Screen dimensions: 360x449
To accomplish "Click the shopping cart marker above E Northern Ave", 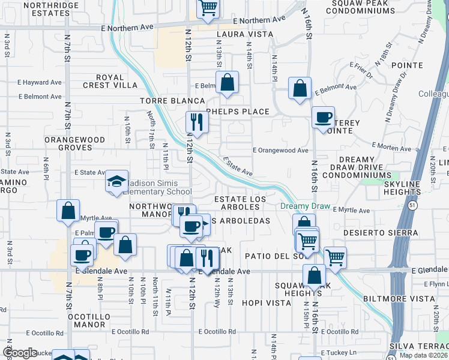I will tap(207, 8).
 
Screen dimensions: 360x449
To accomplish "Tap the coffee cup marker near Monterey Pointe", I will tap(324, 117).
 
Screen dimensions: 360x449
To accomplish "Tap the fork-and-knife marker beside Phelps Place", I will tap(197, 122).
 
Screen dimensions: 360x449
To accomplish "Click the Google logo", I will tap(19, 353).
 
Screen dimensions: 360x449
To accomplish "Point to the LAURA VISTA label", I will tap(241, 35).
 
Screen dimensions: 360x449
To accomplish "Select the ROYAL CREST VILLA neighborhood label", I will tap(109, 82).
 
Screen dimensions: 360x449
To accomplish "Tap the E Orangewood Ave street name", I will tap(280, 151).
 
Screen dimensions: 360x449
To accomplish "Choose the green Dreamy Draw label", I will tap(305, 206).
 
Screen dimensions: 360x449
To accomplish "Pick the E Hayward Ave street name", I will tap(40, 82).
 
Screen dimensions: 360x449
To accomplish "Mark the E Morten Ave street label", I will tap(394, 146).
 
